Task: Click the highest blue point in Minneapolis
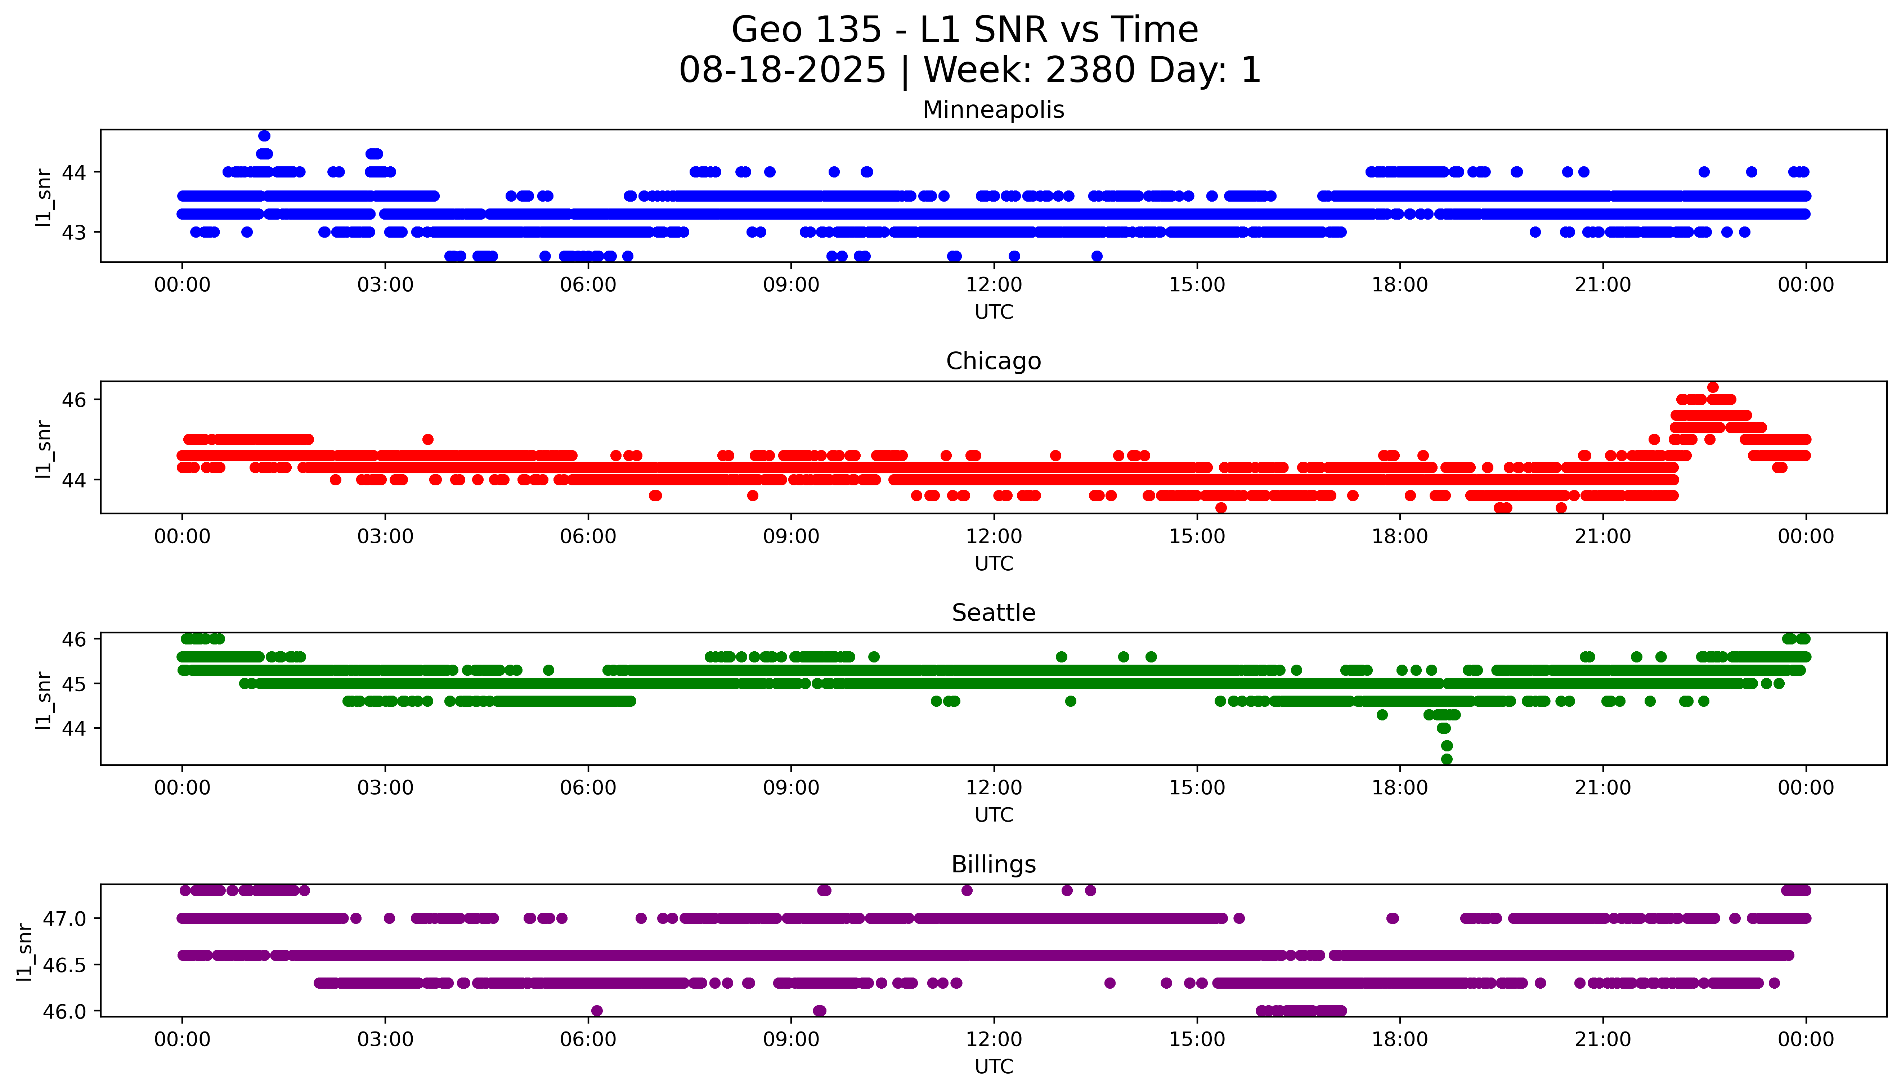point(264,136)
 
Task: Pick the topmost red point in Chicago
point(1713,387)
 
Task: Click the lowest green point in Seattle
point(1447,759)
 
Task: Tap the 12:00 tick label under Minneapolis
point(994,285)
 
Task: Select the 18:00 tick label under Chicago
point(1399,536)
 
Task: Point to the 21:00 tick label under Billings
point(1602,1039)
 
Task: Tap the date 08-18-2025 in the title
point(782,71)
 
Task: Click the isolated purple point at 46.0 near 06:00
point(597,1011)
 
